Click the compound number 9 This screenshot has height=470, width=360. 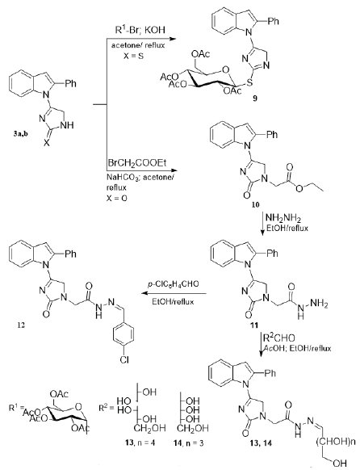[254, 99]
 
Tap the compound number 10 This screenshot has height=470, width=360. [255, 205]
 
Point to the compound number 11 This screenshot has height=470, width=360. [255, 325]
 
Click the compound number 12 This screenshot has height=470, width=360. [21, 325]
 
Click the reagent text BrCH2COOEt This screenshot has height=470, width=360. [137, 163]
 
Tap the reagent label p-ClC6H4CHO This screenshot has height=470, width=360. [173, 284]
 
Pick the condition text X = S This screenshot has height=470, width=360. [133, 56]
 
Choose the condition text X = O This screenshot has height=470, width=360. [117, 198]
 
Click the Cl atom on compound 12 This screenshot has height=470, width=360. [123, 359]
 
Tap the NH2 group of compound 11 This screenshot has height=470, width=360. [320, 305]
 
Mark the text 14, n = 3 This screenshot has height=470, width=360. [189, 443]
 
